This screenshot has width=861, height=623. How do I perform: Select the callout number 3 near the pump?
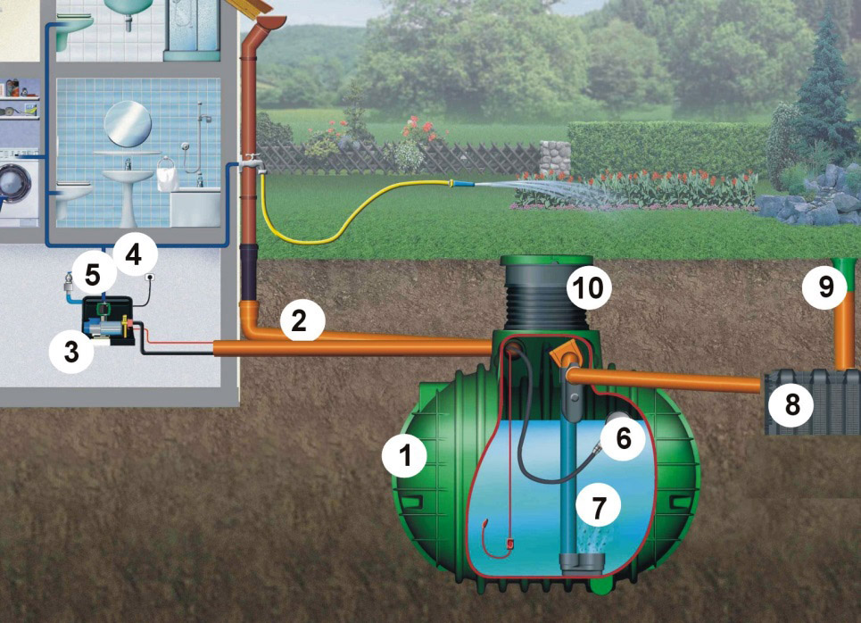click(71, 350)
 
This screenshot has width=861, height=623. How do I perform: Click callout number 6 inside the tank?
click(622, 436)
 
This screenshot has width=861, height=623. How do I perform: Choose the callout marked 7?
click(598, 507)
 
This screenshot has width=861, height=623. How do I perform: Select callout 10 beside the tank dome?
click(589, 288)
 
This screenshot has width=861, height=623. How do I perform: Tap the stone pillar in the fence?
click(552, 158)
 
